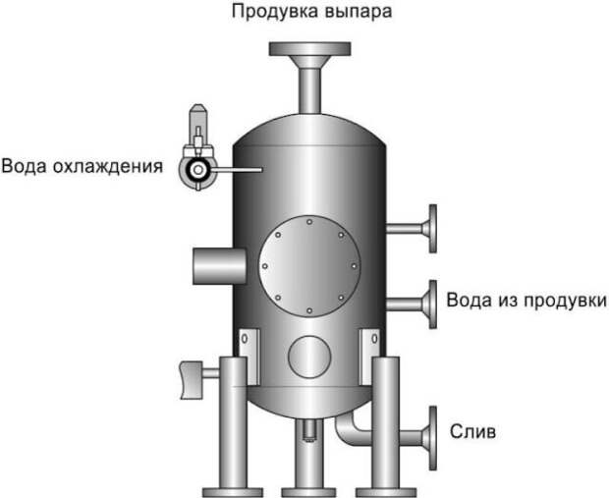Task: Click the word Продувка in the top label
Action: click(275, 12)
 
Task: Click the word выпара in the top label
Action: click(359, 13)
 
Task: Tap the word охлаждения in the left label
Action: click(108, 166)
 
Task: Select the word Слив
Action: click(472, 431)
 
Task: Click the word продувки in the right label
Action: click(562, 301)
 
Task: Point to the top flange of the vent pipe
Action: click(310, 48)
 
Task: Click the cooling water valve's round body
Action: click(197, 170)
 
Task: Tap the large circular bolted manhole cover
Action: click(309, 266)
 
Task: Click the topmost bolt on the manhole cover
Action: click(309, 222)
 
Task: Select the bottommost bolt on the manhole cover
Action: click(309, 310)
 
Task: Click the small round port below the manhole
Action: click(309, 357)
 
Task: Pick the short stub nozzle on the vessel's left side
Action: click(219, 266)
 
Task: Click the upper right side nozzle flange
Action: click(432, 229)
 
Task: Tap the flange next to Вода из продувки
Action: click(432, 304)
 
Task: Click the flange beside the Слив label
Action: click(432, 438)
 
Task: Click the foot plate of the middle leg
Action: click(309, 492)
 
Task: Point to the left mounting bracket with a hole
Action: click(249, 357)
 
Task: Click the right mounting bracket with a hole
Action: click(369, 357)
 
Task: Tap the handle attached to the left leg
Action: click(192, 379)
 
